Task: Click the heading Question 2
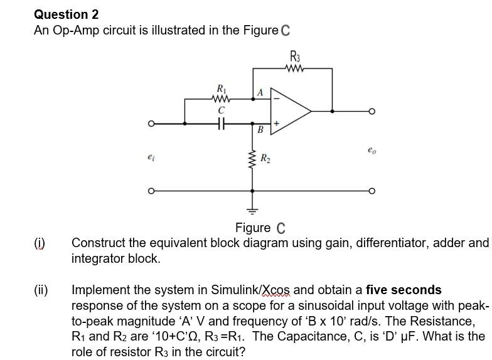pos(66,14)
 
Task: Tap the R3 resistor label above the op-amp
pos(294,55)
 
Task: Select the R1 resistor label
pos(221,88)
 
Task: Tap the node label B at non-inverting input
pos(260,130)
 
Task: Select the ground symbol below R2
pos(254,210)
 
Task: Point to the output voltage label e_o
pos(372,151)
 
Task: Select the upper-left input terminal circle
pos(150,124)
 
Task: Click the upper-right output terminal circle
pos(373,111)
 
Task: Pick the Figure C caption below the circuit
pos(260,228)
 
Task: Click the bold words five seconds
pos(404,290)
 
